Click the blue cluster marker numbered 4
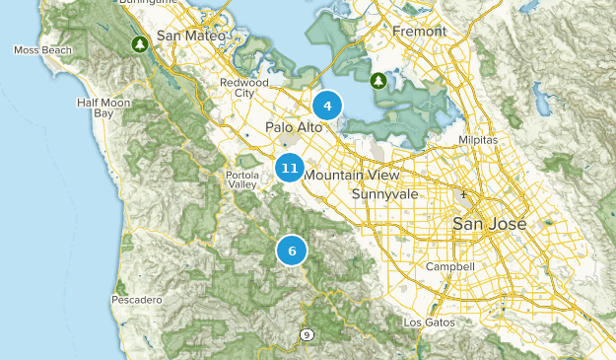tap(327, 105)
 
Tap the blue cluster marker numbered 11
tap(289, 169)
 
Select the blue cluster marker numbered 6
tap(292, 251)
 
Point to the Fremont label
tap(420, 32)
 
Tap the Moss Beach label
tap(40, 49)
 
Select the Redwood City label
tap(243, 88)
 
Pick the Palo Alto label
tap(291, 127)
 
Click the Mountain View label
tap(352, 176)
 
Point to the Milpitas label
tap(480, 141)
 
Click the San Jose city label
tap(489, 225)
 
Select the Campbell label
tap(450, 267)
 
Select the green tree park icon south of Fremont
tap(377, 79)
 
